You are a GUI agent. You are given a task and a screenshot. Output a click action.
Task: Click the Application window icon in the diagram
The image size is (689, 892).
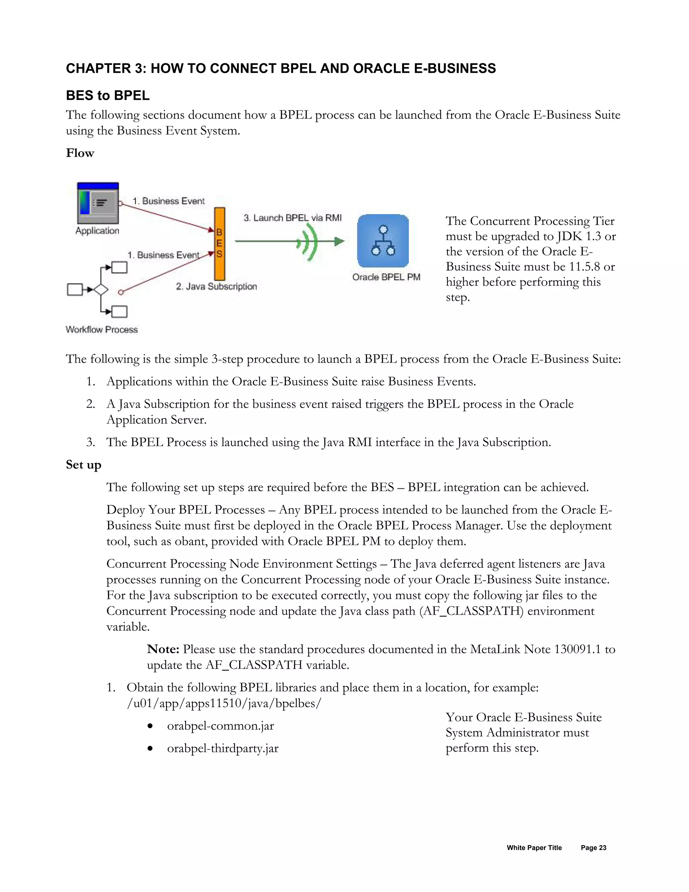point(98,203)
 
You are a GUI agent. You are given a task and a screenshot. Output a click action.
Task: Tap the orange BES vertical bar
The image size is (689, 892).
point(220,243)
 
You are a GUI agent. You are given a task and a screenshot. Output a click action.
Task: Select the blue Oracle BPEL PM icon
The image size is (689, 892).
point(383,241)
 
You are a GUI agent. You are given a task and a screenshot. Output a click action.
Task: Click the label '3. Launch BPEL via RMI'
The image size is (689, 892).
point(292,218)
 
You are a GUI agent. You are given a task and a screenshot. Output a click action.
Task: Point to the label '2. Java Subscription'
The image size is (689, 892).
point(216,286)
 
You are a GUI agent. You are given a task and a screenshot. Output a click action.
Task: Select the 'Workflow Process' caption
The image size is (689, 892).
point(102,330)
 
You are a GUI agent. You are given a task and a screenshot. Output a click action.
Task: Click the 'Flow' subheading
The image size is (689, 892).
point(80,153)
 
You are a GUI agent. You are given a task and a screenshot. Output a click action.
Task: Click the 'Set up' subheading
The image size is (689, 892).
point(84,465)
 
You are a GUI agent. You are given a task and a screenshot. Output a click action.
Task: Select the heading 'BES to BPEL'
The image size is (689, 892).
point(108,96)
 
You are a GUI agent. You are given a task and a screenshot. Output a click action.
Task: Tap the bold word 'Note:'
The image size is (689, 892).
point(163,649)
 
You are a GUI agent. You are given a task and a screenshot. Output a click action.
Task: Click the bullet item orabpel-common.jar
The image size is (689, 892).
point(220,726)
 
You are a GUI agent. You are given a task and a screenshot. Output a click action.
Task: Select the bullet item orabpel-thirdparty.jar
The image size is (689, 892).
point(222,748)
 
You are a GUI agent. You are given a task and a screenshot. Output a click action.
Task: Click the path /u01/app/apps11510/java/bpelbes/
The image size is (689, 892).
point(224,703)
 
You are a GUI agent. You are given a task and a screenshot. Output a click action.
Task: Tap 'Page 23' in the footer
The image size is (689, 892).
point(593,848)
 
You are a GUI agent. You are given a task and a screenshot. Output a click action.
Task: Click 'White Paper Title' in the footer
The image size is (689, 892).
point(534,848)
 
